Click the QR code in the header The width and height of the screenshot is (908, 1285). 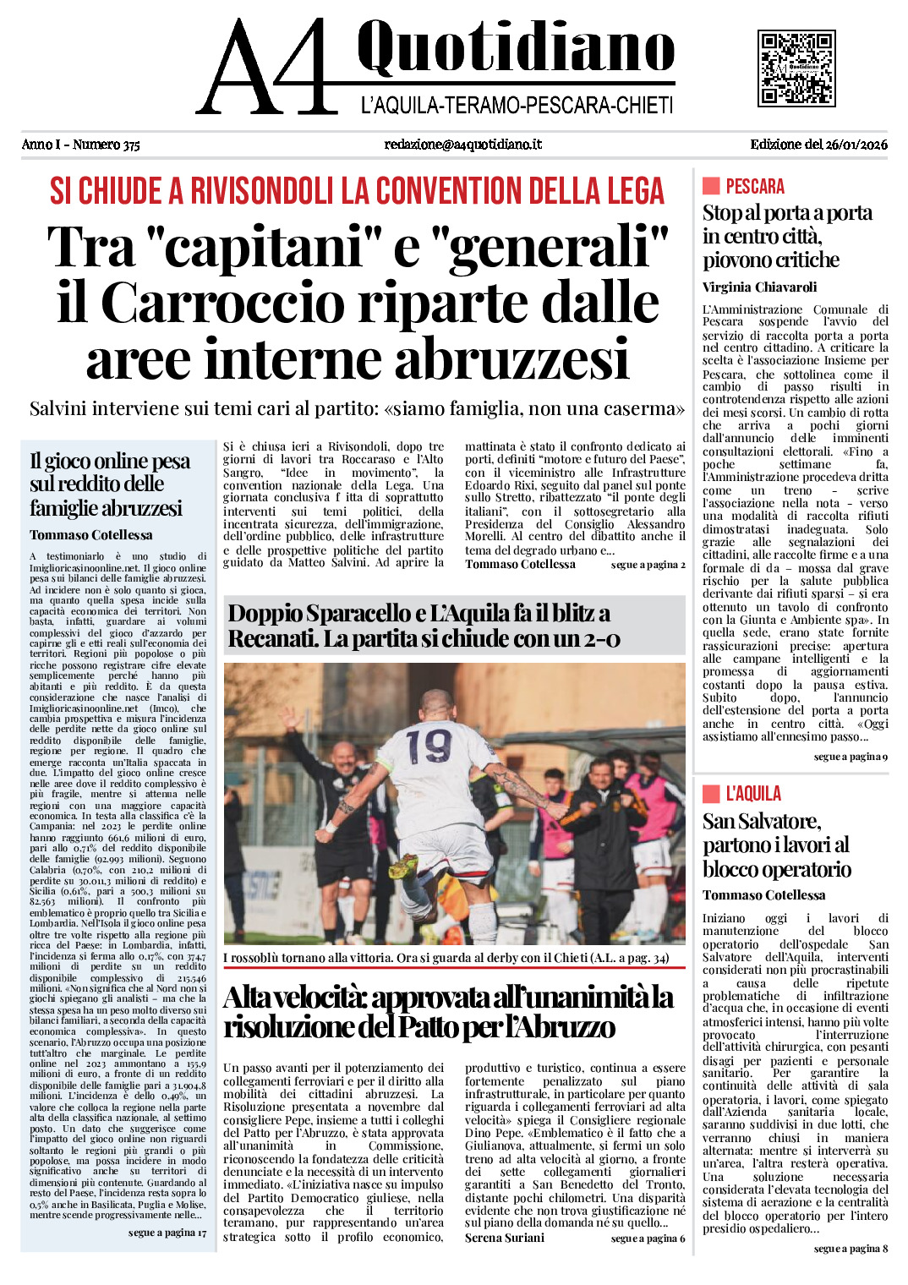coord(796,68)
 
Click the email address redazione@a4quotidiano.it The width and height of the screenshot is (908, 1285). coord(462,145)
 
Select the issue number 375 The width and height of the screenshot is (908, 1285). coord(131,145)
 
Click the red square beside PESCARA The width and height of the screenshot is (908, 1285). coord(710,186)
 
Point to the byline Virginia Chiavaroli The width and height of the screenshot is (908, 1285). coord(759,287)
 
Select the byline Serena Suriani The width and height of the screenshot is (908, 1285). coord(504,1238)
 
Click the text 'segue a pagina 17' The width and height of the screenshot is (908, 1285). coord(167,1233)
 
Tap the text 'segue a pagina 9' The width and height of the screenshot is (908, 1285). coord(850,757)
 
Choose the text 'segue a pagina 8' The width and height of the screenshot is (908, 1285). coord(850,1249)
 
